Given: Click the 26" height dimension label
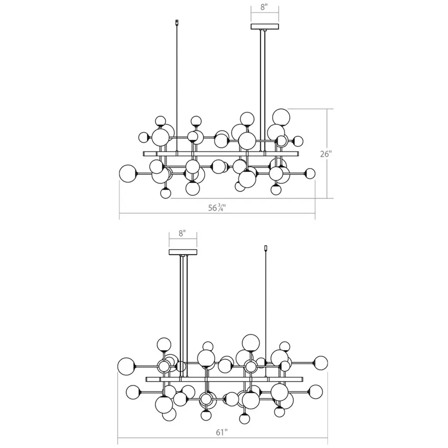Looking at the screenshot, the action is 325,154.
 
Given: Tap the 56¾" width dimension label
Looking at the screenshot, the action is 217,208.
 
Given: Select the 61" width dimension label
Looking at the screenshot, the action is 222,432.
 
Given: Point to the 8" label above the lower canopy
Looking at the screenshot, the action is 182,233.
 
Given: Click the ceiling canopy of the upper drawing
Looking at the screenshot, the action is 265,27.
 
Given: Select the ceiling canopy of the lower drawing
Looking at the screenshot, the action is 183,252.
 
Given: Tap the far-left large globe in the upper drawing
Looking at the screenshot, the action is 128,174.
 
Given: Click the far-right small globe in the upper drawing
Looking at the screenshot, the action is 310,173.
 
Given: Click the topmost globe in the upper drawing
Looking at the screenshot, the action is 281,117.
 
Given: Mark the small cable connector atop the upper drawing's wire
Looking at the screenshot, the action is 177,22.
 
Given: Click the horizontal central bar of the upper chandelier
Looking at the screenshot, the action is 221,154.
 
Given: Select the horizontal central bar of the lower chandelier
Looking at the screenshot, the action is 224,379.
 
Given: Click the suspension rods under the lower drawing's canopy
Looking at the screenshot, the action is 183,316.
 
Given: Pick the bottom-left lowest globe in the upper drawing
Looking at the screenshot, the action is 165,193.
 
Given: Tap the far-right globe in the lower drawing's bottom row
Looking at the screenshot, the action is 316,392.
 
